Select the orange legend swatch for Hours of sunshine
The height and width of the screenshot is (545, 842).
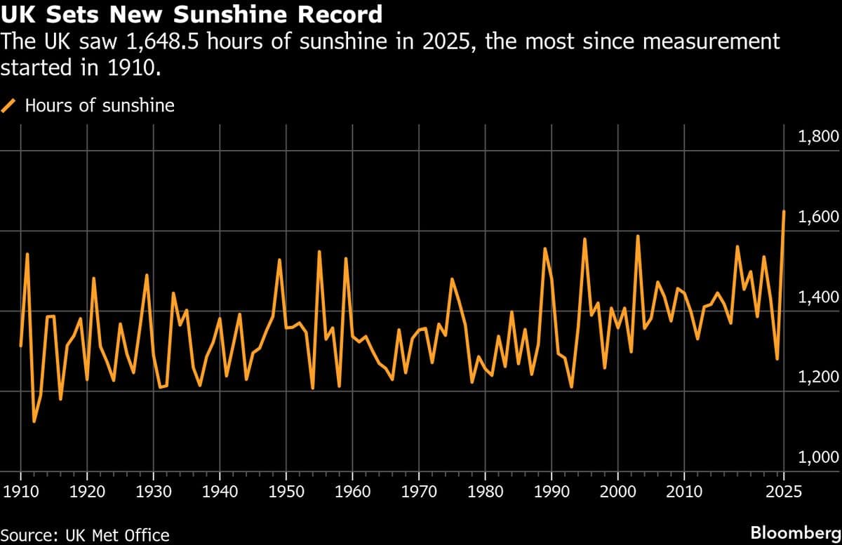pyautogui.click(x=9, y=106)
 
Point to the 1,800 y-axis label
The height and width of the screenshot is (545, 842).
pyautogui.click(x=818, y=136)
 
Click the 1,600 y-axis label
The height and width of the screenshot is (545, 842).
pyautogui.click(x=818, y=217)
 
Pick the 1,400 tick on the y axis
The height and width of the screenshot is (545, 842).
pyautogui.click(x=818, y=297)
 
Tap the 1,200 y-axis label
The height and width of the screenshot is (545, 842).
pyautogui.click(x=818, y=377)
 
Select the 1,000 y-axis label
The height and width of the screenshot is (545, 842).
pyautogui.click(x=818, y=458)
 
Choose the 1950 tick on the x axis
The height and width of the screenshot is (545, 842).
pyautogui.click(x=286, y=488)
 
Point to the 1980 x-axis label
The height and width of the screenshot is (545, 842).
pyautogui.click(x=486, y=488)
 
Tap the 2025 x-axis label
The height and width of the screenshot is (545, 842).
pyautogui.click(x=784, y=488)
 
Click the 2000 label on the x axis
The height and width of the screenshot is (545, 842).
pyautogui.click(x=618, y=488)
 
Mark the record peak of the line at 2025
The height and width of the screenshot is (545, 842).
pyautogui.click(x=784, y=211)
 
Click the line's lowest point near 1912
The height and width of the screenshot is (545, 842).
pyautogui.click(x=34, y=422)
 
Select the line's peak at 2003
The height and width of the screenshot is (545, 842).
pyautogui.click(x=638, y=236)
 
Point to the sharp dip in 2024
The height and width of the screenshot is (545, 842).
pyautogui.click(x=777, y=359)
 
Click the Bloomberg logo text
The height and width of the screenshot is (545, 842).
pyautogui.click(x=795, y=533)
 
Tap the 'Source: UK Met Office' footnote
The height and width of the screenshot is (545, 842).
pyautogui.click(x=85, y=535)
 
